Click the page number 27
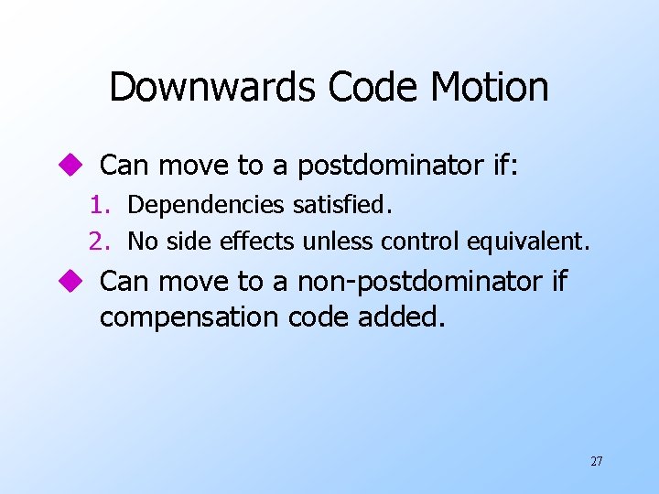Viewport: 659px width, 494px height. [596, 461]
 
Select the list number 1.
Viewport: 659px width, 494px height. [100, 205]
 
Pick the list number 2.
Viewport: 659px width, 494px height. [100, 242]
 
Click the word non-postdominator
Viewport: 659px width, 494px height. [419, 282]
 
